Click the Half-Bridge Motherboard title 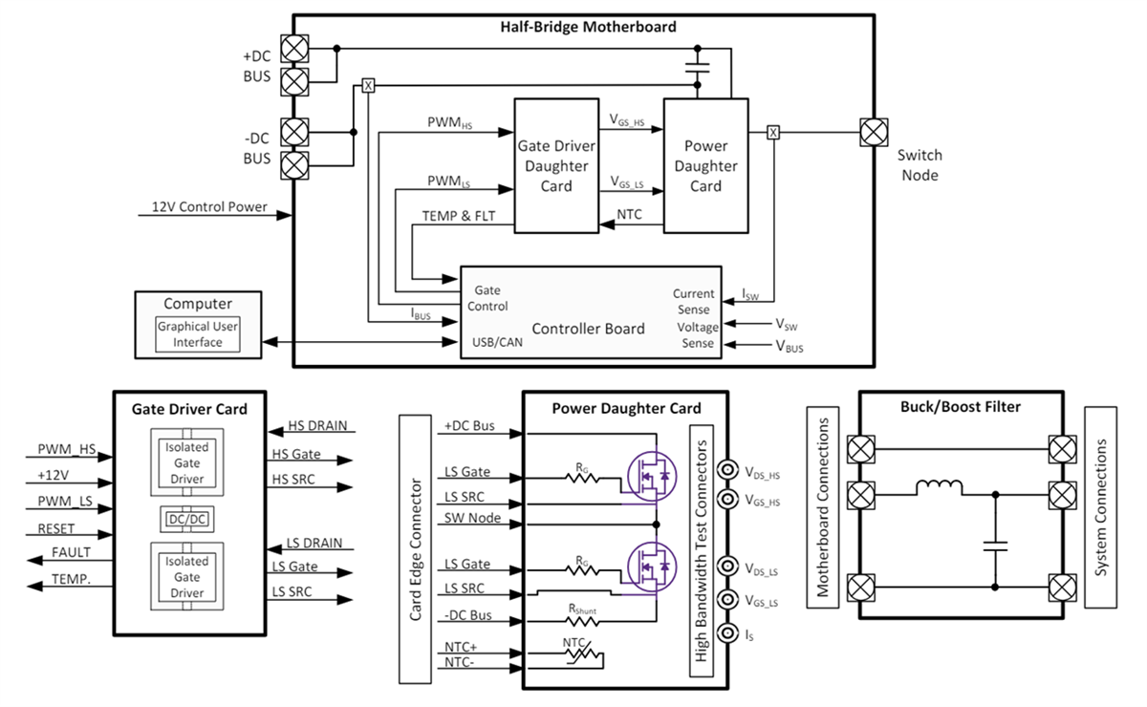click(588, 27)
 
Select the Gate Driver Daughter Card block click(555, 165)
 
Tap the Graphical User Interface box click(198, 334)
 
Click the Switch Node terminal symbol click(872, 132)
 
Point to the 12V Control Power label click(208, 207)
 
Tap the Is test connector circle click(730, 633)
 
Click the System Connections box click(1102, 506)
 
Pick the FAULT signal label click(71, 552)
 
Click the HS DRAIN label click(316, 426)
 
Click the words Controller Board click(588, 329)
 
